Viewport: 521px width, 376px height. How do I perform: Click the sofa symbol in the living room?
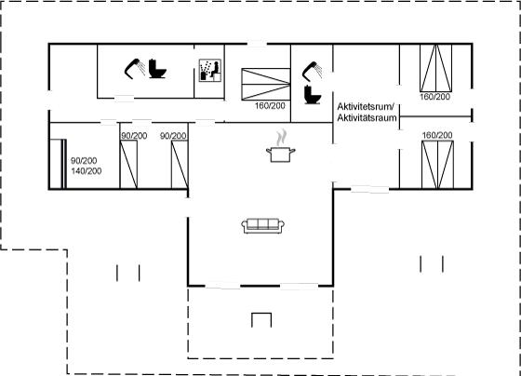tap(262, 226)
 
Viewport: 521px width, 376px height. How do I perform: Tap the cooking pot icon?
tap(281, 154)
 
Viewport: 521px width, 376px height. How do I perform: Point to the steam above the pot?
tap(282, 138)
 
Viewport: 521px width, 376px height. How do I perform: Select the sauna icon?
tap(210, 71)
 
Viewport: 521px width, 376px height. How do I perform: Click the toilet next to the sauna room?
tap(157, 69)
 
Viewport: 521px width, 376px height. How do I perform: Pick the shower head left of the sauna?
tap(135, 69)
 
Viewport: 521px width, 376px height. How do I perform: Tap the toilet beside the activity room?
tap(313, 95)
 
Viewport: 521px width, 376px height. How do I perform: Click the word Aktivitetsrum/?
tap(366, 107)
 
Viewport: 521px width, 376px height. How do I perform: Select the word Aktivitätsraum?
tap(367, 117)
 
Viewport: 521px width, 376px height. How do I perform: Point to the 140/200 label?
tap(87, 171)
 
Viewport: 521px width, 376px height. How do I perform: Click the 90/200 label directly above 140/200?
tap(84, 161)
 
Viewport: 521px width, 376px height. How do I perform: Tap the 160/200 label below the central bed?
tap(270, 106)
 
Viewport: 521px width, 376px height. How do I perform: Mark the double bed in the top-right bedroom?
tap(436, 68)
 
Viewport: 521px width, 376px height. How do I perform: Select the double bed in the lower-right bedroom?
tap(437, 165)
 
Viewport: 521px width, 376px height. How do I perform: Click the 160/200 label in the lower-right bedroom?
tap(437, 135)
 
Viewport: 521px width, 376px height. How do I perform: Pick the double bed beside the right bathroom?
tap(266, 84)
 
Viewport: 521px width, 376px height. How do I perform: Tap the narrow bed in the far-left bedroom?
tap(58, 164)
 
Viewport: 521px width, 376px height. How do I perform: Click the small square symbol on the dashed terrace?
tap(261, 320)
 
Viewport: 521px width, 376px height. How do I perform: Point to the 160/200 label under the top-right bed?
tap(435, 97)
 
